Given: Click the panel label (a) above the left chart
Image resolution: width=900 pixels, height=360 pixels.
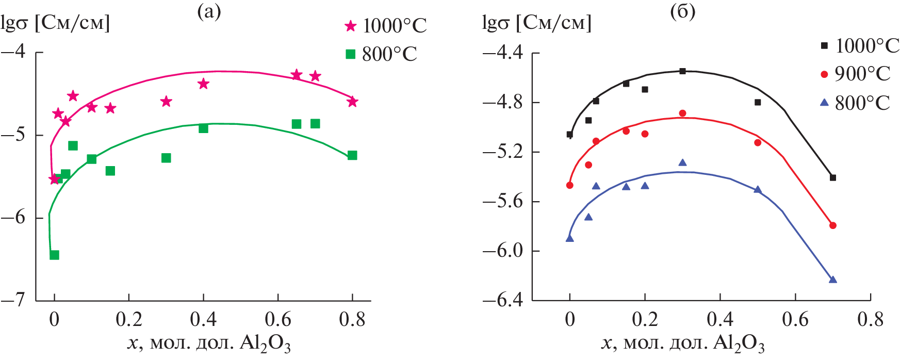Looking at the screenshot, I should coord(209,12).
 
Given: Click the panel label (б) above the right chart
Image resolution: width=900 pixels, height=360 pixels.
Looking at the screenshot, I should coord(682,12).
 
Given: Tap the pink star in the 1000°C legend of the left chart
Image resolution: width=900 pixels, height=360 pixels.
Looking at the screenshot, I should coord(351,26).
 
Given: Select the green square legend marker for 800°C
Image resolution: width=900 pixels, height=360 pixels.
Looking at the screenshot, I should coord(351,54).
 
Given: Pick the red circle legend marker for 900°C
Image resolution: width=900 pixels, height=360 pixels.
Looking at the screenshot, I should coord(824,74).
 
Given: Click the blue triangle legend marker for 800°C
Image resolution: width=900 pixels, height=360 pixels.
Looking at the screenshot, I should coord(824,103).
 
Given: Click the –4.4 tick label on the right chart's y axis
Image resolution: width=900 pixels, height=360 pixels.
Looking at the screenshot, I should coord(502,53).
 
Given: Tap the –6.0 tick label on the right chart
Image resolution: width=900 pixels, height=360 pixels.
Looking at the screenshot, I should coord(502,251).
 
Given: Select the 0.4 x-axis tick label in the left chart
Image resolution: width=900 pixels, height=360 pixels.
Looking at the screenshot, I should coord(203,319).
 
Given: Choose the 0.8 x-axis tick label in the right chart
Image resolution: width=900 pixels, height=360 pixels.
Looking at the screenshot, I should coord(870,319).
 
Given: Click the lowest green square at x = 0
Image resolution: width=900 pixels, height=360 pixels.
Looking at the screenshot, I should coord(54,255).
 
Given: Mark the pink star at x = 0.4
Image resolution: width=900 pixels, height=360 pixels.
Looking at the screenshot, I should coord(203,84).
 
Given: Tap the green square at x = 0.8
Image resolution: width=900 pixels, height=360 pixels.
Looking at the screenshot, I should coord(352,155).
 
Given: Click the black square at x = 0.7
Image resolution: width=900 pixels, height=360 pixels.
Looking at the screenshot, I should coord(833,177).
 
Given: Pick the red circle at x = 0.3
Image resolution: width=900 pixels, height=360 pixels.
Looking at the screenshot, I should coord(682,113).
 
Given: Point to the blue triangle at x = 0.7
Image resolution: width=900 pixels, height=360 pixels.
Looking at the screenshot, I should coord(833,280).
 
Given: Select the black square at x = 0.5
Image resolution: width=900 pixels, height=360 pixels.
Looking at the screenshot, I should coord(758,102).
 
